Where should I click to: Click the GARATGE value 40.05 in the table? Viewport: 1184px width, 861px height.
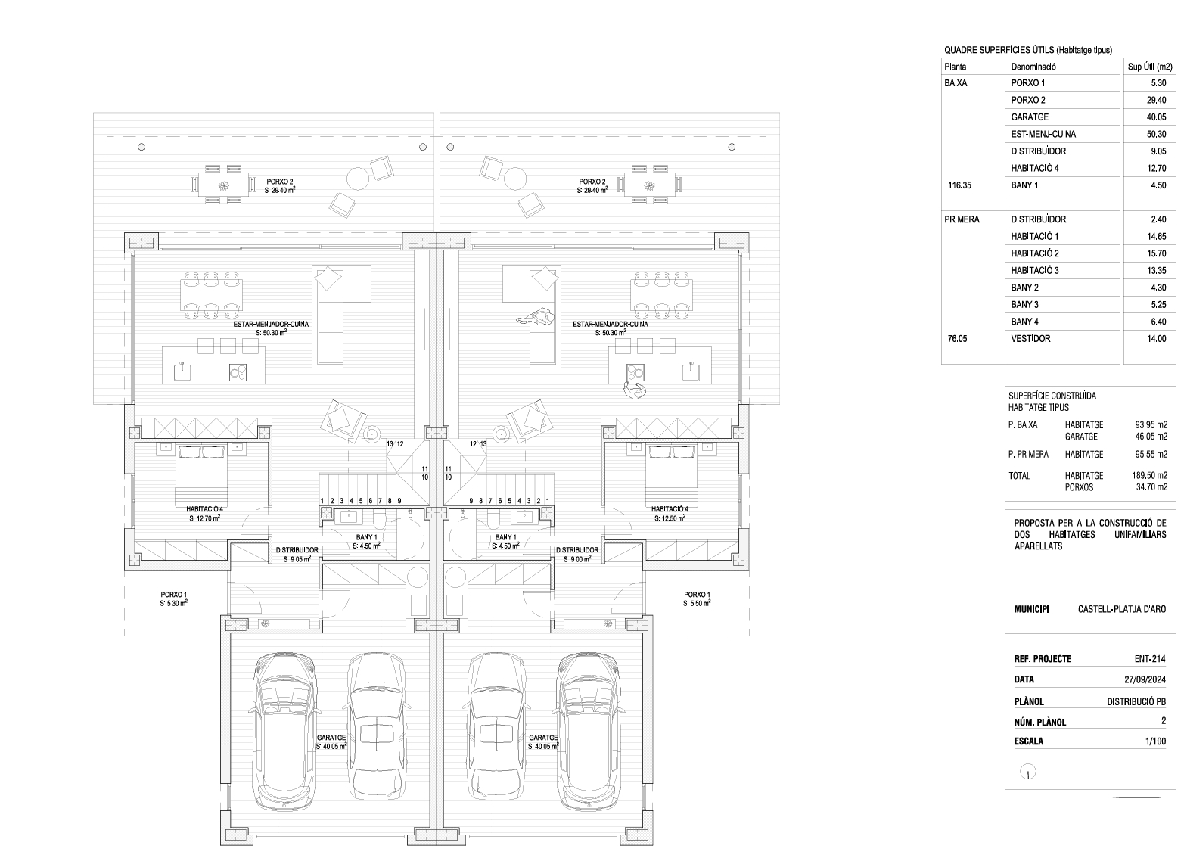(1156, 117)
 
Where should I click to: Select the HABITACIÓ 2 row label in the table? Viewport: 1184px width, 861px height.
(1034, 253)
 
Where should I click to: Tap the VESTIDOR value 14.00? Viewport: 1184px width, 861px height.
(1156, 339)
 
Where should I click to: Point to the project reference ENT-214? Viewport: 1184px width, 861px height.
(1150, 658)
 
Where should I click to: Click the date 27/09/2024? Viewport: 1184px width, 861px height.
(1145, 679)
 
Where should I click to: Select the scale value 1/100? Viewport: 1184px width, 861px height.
(1155, 741)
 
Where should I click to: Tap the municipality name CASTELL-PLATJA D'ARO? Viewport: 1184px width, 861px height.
(1122, 609)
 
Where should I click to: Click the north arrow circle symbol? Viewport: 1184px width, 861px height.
(1027, 772)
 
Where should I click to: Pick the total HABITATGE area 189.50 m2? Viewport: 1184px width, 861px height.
(1150, 475)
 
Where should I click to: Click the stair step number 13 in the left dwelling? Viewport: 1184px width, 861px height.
(390, 444)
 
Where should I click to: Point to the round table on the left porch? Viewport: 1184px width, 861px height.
(358, 178)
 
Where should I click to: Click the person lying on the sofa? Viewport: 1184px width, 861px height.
(536, 317)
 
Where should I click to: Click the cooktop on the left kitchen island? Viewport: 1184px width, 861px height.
(238, 373)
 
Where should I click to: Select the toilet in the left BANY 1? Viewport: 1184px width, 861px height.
(379, 520)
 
